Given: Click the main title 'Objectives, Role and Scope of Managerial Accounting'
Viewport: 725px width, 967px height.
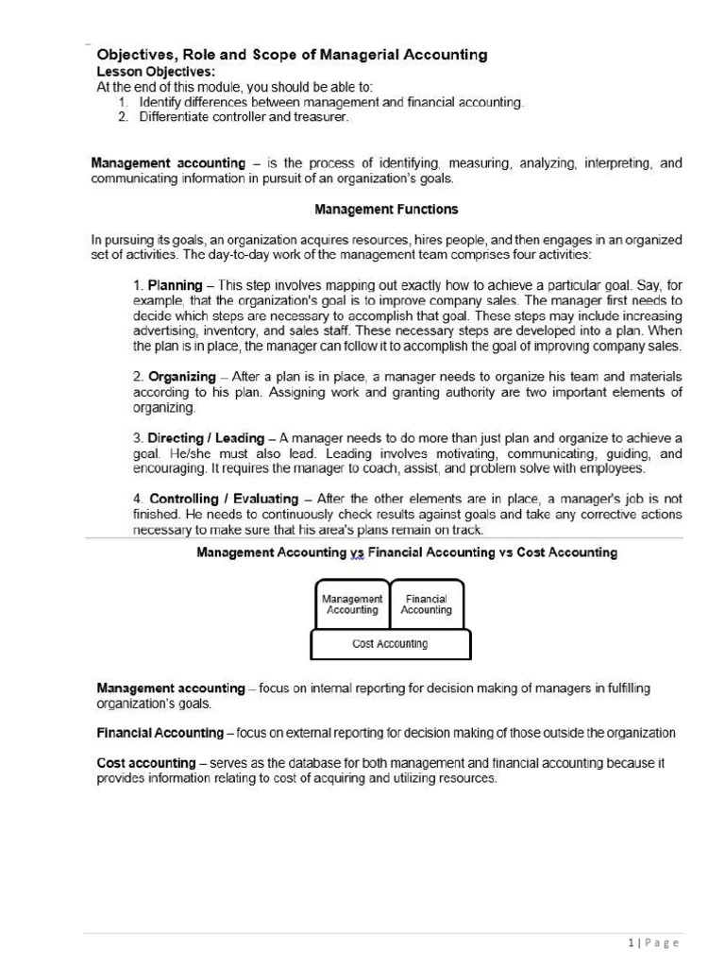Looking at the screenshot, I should point(293,55).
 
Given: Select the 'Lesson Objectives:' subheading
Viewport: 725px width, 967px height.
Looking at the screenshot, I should point(156,71).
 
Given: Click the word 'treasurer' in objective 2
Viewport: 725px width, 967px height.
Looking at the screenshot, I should point(322,117).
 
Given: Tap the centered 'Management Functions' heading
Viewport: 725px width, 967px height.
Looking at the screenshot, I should point(386,209).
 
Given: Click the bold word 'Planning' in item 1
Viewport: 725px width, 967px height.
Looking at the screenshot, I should point(175,285).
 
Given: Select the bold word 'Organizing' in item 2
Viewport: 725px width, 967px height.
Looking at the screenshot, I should point(181,377).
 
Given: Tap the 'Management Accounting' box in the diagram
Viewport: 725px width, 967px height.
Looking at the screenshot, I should point(352,604).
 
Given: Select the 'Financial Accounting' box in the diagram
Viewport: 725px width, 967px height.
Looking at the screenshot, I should point(426,604).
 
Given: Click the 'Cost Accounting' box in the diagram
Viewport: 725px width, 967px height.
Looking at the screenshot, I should point(390,644).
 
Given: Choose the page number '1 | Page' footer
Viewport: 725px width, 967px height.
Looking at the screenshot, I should point(652,942).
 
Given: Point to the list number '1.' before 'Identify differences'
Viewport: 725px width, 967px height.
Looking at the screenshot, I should point(124,102).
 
